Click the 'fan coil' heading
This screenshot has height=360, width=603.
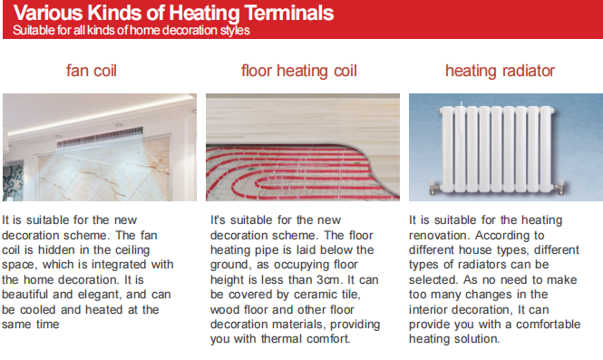[92, 71]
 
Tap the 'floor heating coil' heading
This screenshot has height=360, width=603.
[298, 71]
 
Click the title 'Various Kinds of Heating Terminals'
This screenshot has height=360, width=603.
[173, 14]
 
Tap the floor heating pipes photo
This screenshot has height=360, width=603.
[303, 147]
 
